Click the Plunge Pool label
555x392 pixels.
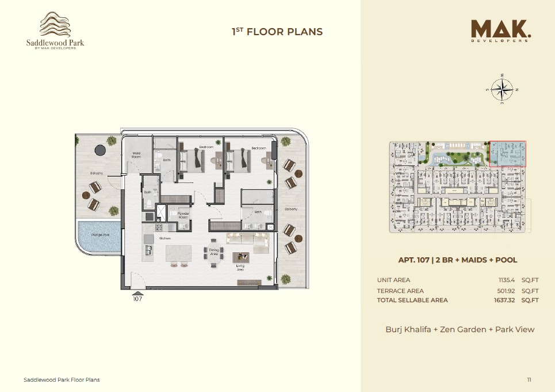[x=99, y=235]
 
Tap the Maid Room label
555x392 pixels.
[x=136, y=154]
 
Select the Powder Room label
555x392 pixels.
[x=183, y=215]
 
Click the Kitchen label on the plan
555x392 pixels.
[x=164, y=238]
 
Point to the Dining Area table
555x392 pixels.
[x=213, y=257]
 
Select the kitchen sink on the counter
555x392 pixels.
[x=148, y=250]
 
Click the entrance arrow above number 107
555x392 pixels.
[x=137, y=292]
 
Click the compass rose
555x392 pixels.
[x=502, y=89]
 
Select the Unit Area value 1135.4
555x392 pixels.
[x=508, y=280]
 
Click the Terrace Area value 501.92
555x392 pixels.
[x=507, y=291]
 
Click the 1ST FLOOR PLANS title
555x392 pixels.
[x=277, y=32]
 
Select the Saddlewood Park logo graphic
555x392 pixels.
[x=55, y=25]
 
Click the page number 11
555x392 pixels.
[x=529, y=380]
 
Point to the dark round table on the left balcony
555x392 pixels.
[x=100, y=150]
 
